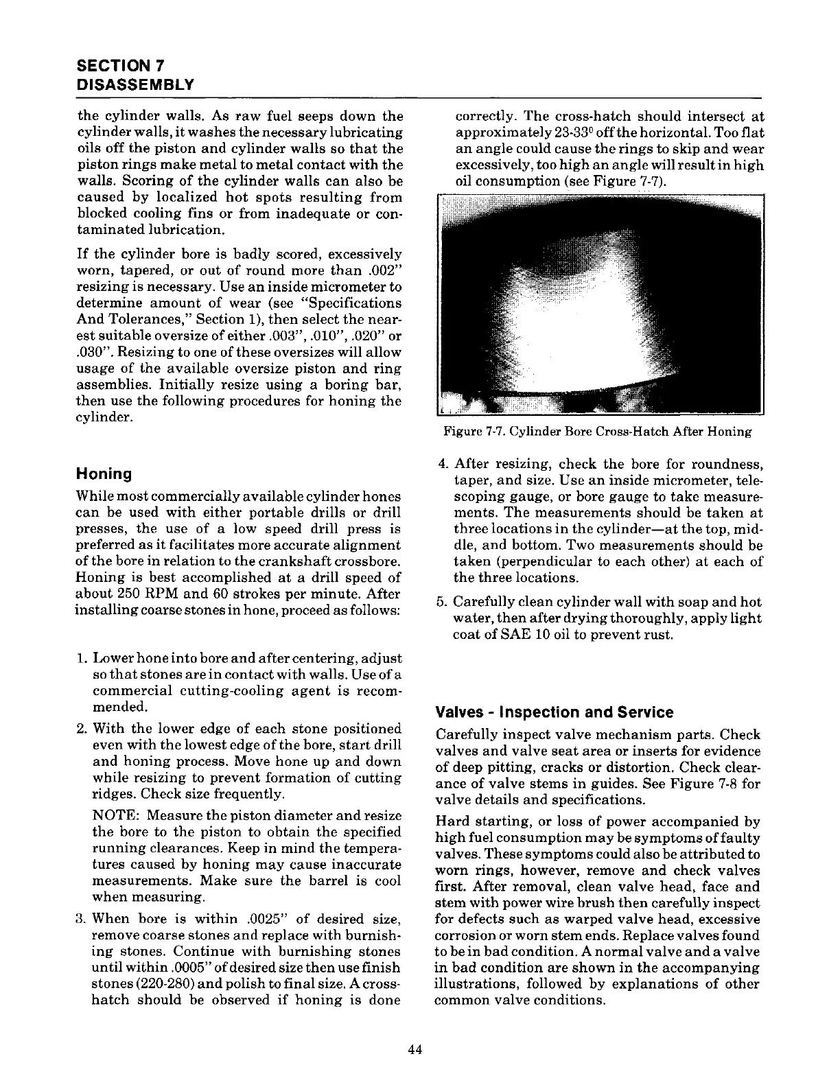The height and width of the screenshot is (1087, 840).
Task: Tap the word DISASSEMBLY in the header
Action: tap(135, 84)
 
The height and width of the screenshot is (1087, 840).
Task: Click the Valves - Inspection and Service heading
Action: tap(555, 712)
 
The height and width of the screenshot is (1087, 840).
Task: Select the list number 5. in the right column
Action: tap(443, 603)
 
